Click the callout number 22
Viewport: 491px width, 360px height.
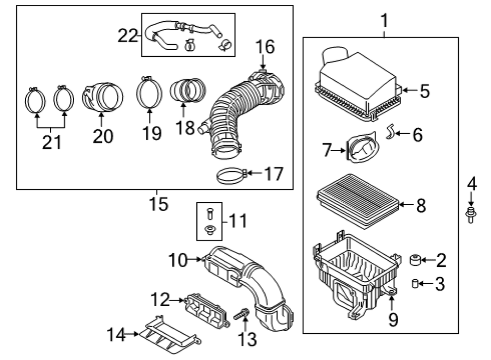(x=128, y=35)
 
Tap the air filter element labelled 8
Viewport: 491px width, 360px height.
(x=357, y=201)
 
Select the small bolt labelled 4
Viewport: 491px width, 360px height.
(x=470, y=215)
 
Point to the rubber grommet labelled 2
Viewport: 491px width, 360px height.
(x=415, y=260)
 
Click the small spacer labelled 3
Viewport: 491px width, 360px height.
(x=415, y=284)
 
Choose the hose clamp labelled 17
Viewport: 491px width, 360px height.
(x=232, y=176)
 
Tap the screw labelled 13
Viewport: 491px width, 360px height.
(x=242, y=314)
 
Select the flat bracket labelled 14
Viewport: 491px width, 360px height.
(x=169, y=335)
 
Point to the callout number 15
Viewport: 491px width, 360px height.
(x=159, y=204)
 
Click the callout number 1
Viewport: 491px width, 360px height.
(x=384, y=21)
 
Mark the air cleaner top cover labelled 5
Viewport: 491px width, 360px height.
(x=357, y=85)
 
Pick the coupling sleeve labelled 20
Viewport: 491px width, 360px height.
(x=103, y=97)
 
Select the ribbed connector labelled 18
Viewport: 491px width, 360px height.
(x=188, y=90)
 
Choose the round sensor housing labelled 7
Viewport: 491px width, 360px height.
(x=362, y=148)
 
